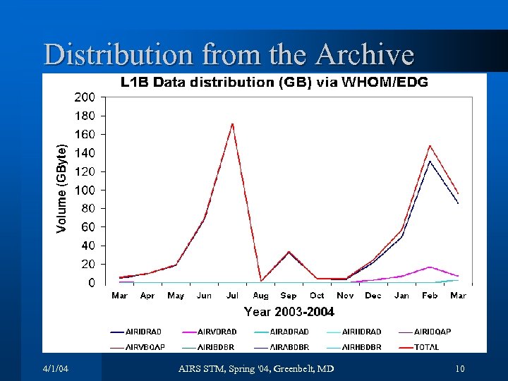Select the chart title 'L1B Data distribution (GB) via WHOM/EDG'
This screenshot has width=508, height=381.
[274, 83]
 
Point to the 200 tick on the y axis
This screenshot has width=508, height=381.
[85, 97]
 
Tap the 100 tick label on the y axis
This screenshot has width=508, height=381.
[85, 190]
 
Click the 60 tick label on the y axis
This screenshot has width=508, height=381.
[88, 227]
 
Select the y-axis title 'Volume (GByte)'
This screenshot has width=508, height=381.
[62, 188]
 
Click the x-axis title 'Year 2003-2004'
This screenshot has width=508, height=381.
[289, 312]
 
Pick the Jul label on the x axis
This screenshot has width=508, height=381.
[232, 296]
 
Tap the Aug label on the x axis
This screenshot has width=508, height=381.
[260, 296]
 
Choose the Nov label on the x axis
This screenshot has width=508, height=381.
[345, 296]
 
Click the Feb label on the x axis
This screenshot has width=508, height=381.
[430, 296]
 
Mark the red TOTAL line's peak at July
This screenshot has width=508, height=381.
[232, 124]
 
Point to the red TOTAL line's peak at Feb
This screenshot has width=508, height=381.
[430, 146]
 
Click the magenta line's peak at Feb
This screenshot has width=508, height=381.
[430, 267]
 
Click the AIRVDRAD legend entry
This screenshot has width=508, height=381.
[217, 332]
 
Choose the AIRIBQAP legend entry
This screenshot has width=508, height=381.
[432, 332]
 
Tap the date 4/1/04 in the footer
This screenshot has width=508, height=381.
[55, 369]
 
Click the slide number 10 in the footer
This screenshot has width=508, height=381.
[459, 369]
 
